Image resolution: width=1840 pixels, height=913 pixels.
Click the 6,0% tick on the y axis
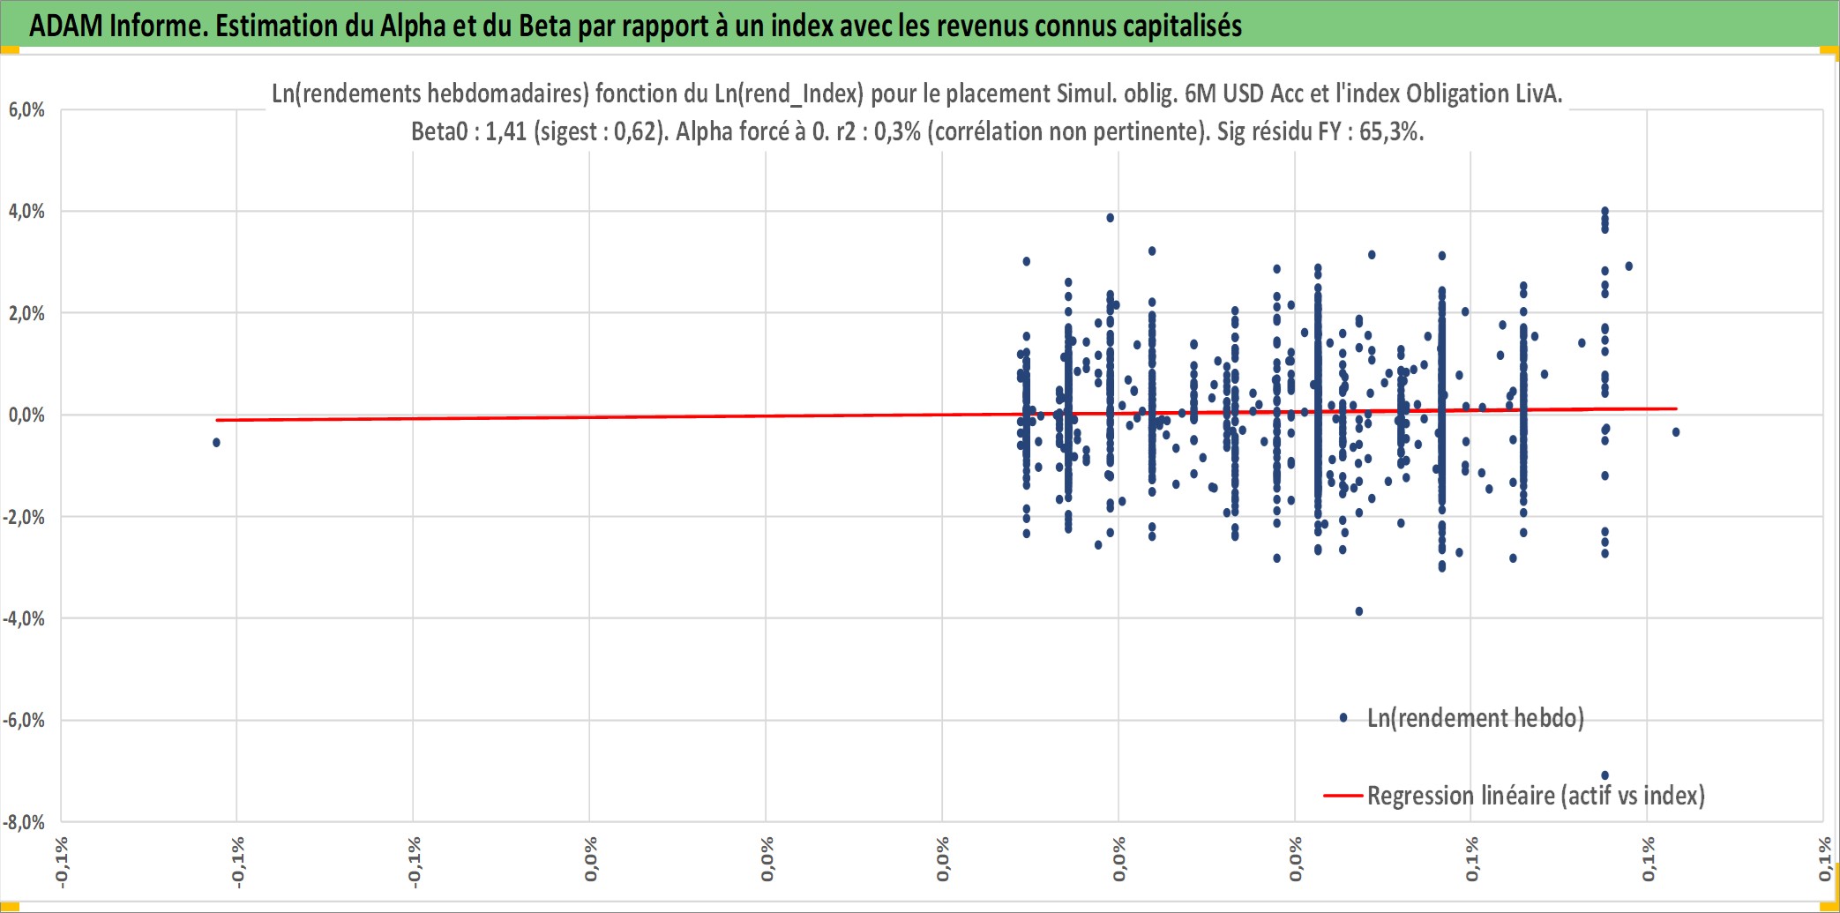click(x=26, y=109)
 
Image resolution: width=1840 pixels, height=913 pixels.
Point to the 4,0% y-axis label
click(x=26, y=211)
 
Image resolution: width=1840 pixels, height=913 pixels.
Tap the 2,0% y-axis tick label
click(x=26, y=313)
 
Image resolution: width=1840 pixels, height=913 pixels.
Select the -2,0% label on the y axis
click(x=24, y=517)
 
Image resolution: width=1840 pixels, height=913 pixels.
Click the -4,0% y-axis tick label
click(x=24, y=618)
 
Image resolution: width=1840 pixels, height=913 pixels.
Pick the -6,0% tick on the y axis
click(x=24, y=720)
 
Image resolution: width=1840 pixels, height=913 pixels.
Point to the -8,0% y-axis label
click(x=24, y=822)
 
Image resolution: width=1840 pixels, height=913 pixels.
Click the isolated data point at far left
click(x=216, y=442)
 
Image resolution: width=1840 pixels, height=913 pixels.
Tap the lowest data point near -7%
click(x=1604, y=775)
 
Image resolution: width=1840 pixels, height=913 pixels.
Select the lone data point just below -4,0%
click(x=1358, y=611)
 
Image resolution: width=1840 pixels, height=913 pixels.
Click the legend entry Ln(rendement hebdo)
click(x=1475, y=718)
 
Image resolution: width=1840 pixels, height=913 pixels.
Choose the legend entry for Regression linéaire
click(x=1515, y=796)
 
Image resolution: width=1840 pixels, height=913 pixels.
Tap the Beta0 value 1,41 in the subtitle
click(x=505, y=131)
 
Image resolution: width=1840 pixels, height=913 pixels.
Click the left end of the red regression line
click(x=217, y=420)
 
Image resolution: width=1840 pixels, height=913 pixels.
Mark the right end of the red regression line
click(x=1676, y=408)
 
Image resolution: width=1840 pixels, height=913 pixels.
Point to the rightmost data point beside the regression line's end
click(x=1676, y=432)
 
